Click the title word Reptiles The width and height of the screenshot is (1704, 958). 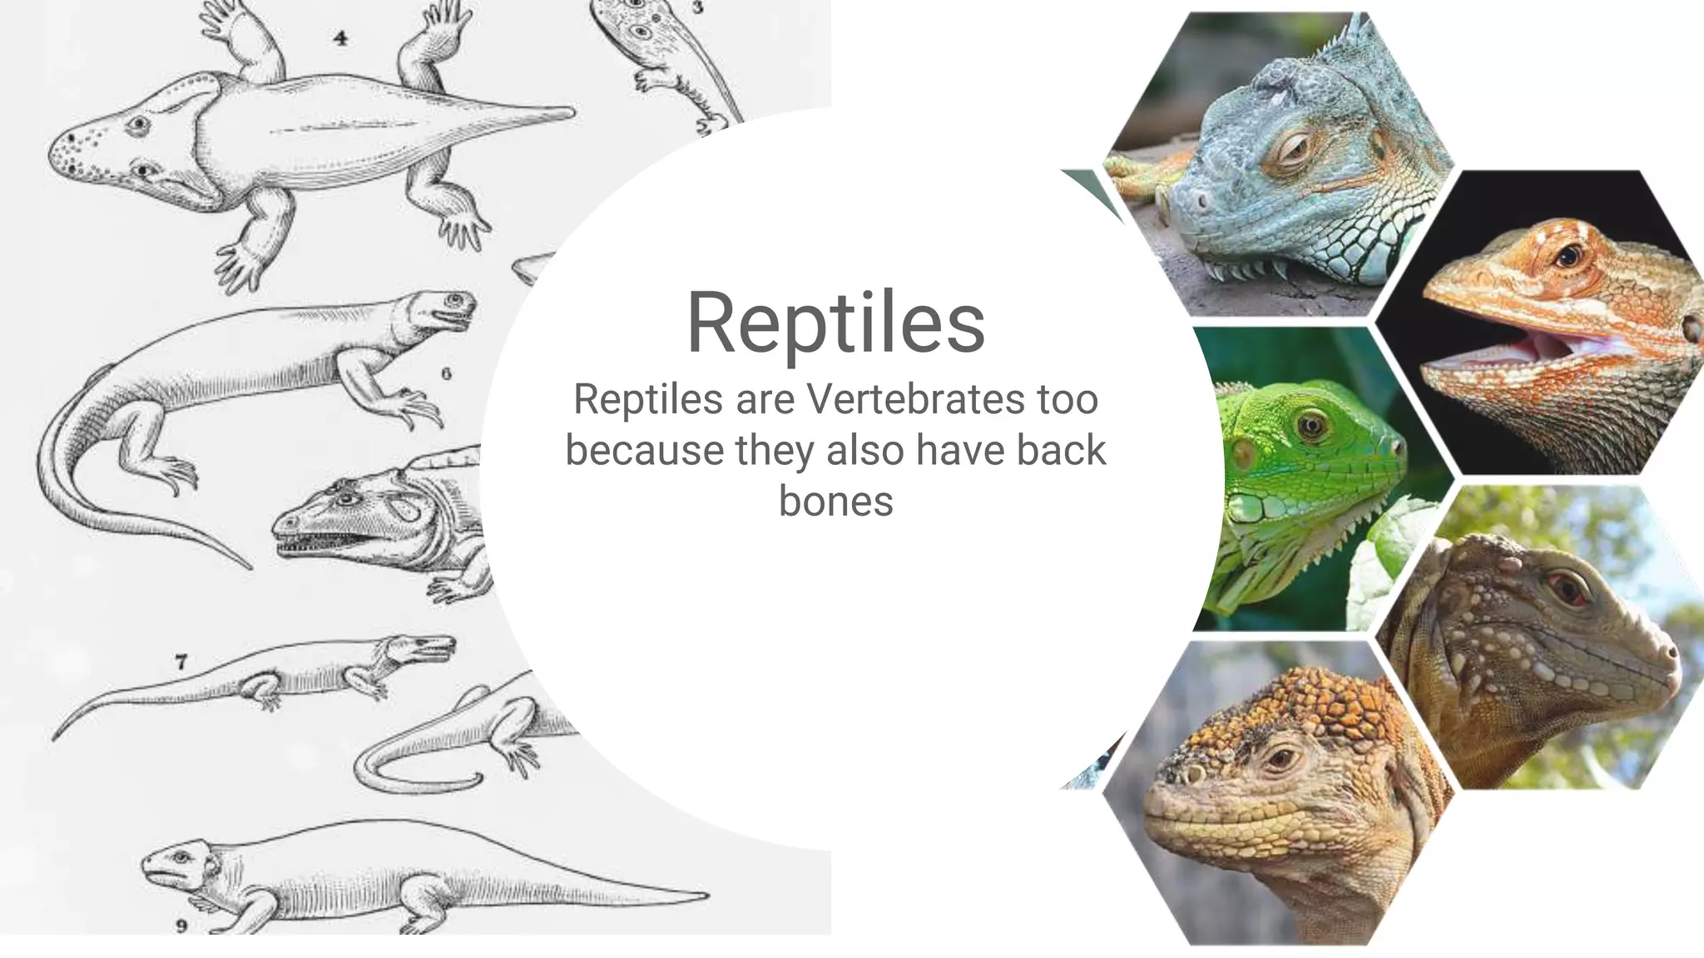point(835,323)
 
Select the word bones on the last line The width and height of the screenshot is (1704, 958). point(835,501)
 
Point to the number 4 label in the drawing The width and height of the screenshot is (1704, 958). point(340,37)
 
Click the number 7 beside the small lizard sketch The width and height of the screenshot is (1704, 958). point(181,662)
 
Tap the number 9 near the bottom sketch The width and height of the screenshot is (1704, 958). point(181,926)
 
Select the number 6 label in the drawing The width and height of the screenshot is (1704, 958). point(447,373)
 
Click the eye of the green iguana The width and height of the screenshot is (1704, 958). point(1311,426)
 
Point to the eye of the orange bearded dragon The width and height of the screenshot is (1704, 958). point(1568,255)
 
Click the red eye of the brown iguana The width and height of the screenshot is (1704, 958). point(1569,587)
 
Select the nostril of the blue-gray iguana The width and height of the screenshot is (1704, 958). point(1200,201)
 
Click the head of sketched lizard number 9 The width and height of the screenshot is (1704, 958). point(179,865)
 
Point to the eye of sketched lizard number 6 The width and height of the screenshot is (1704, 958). point(454,299)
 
